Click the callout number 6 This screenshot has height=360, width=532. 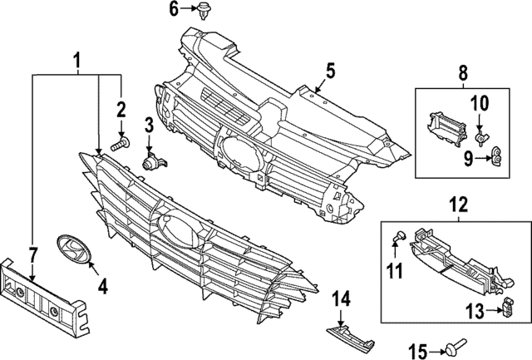[174, 9]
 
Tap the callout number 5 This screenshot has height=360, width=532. [330, 72]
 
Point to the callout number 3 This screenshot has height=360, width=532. [149, 126]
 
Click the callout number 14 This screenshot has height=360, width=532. [342, 298]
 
